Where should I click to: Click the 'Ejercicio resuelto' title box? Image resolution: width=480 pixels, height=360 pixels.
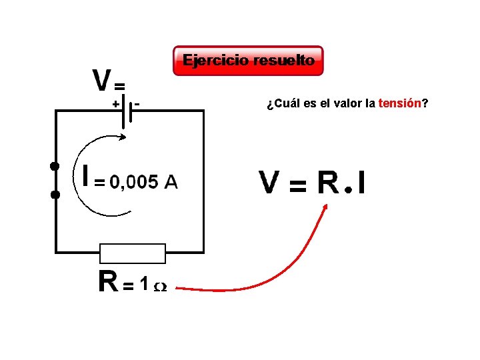pyautogui.click(x=248, y=61)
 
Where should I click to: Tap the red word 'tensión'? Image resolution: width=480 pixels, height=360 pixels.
pyautogui.click(x=399, y=104)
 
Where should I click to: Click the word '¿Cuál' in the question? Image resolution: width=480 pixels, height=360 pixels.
pyautogui.click(x=279, y=104)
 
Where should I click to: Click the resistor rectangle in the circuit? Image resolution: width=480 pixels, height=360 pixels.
pyautogui.click(x=132, y=253)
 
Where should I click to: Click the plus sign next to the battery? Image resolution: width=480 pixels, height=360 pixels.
pyautogui.click(x=115, y=104)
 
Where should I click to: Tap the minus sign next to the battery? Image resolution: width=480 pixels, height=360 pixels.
pyautogui.click(x=137, y=103)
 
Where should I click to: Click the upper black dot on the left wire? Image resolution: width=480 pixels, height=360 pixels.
pyautogui.click(x=55, y=165)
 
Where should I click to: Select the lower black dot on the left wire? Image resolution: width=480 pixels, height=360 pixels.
pyautogui.click(x=55, y=195)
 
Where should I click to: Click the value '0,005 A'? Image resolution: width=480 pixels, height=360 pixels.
pyautogui.click(x=143, y=182)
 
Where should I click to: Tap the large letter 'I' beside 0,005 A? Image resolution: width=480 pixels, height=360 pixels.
pyautogui.click(x=85, y=177)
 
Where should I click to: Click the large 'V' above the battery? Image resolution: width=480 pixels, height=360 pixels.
pyautogui.click(x=101, y=81)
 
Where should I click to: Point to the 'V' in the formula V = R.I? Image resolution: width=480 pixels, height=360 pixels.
pyautogui.click(x=269, y=183)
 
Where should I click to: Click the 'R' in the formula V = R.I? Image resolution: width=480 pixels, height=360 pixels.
pyautogui.click(x=328, y=183)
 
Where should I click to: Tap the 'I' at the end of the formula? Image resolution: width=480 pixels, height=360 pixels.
pyautogui.click(x=361, y=183)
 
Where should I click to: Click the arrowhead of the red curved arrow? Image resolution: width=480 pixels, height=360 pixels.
pyautogui.click(x=325, y=207)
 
